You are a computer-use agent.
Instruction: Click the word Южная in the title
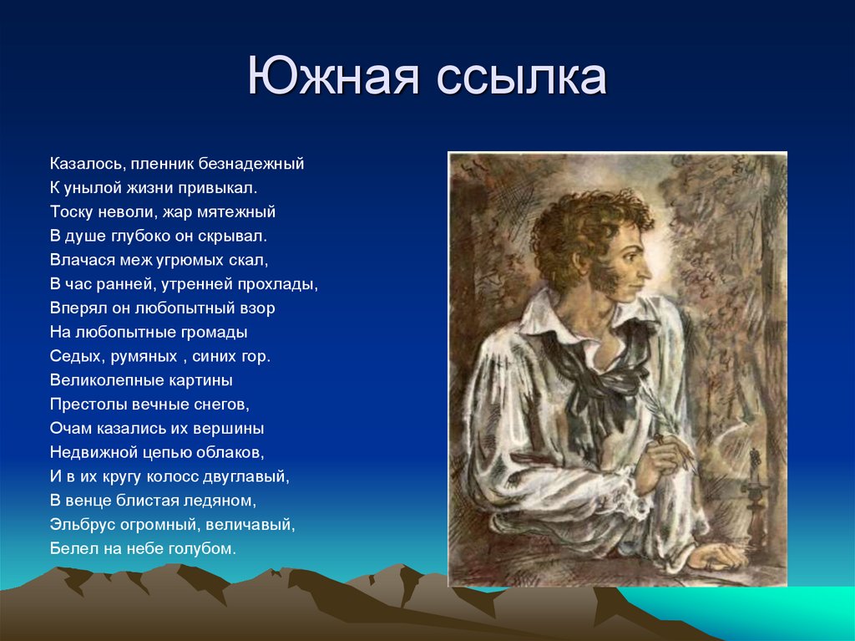(x=330, y=77)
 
